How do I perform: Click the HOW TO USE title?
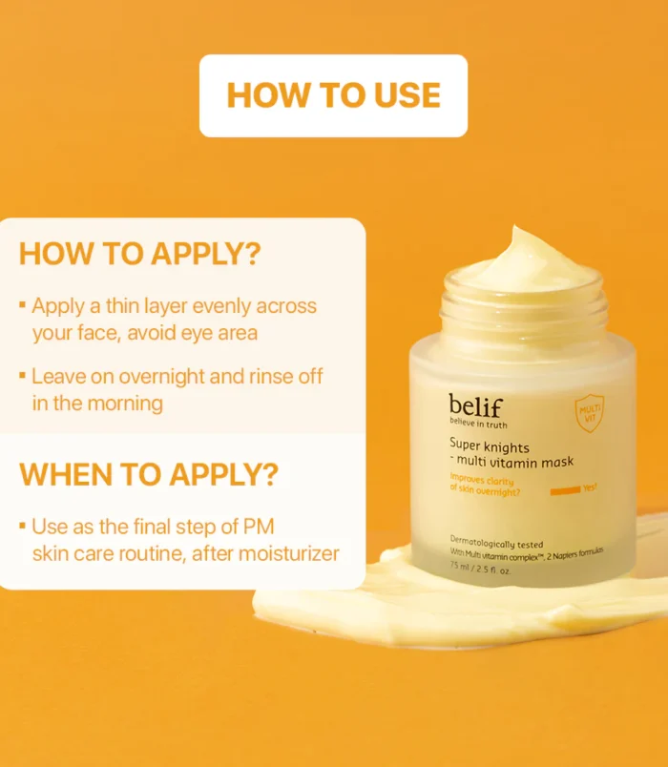[334, 94]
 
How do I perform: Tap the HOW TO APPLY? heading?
[140, 254]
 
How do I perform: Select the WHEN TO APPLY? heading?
[149, 474]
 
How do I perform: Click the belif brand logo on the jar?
[475, 406]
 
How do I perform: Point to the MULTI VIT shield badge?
[589, 413]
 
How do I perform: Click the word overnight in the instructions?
[161, 377]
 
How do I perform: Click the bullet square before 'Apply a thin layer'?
[22, 304]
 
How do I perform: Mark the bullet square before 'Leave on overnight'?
[22, 375]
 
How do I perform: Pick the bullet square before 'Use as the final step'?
[22, 526]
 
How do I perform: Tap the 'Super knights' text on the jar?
[490, 446]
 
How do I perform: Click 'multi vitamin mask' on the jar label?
[514, 462]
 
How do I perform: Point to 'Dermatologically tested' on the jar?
[496, 542]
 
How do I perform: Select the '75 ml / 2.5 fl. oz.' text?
[480, 569]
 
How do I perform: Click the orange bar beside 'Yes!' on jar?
[565, 490]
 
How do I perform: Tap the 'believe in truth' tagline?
[478, 424]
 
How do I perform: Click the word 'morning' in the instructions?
[125, 404]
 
